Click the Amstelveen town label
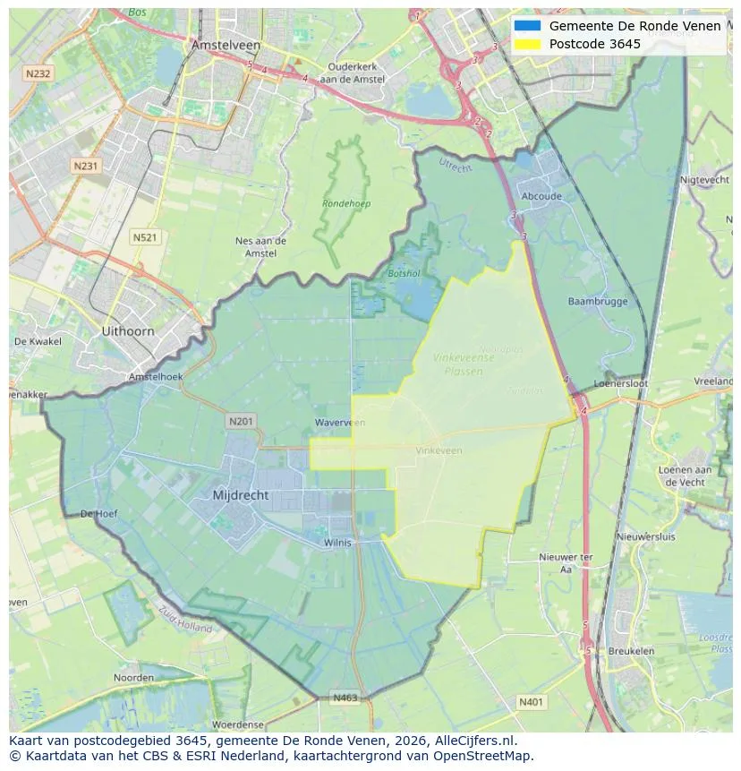pos(226,45)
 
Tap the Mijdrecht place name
pos(241,495)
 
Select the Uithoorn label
pos(128,331)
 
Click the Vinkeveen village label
pos(439,450)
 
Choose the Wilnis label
pos(338,543)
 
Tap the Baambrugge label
pos(598,302)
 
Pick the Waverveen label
pos(340,423)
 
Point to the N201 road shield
pos(241,421)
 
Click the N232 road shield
pos(38,74)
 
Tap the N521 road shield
pos(144,237)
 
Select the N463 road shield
pos(345,698)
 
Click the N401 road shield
pos(531,703)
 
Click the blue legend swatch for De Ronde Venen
pos(527,26)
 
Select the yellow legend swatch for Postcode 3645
pos(527,44)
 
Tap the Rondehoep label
pos(346,203)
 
